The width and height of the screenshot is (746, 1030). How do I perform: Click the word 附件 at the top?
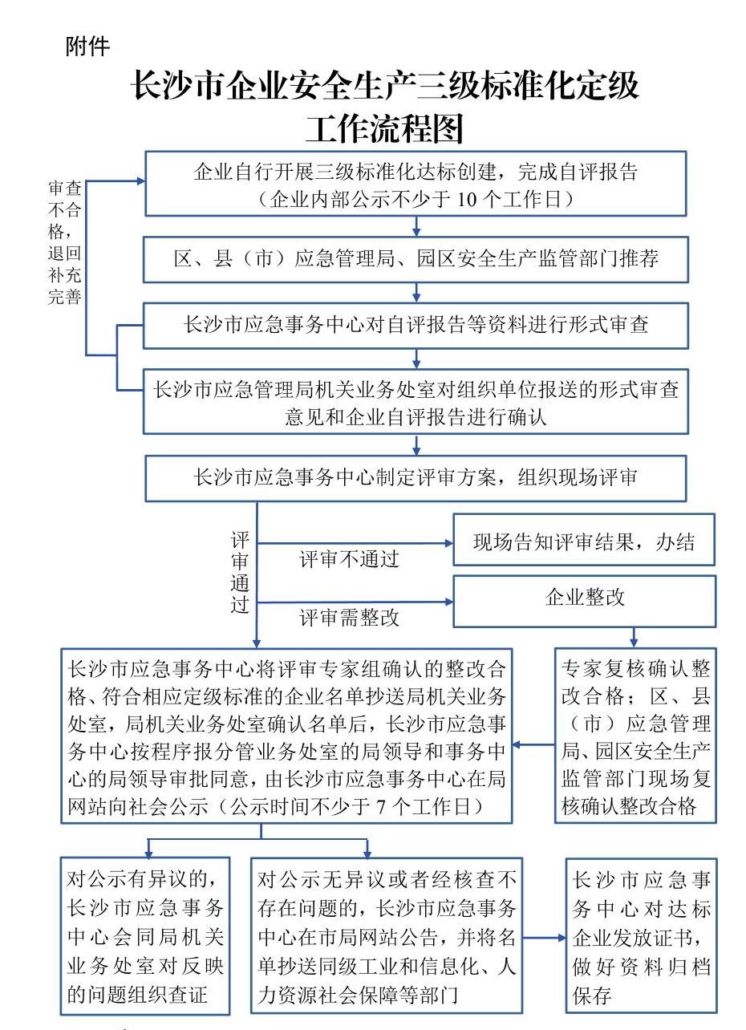(x=87, y=47)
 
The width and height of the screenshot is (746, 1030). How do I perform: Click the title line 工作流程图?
(x=384, y=128)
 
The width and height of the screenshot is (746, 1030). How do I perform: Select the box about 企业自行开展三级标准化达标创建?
(x=415, y=184)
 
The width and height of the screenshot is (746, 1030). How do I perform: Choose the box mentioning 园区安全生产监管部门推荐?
(x=415, y=259)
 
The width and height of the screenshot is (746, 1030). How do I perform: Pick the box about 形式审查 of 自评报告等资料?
(x=415, y=325)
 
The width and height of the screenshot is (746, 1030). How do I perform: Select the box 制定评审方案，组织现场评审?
(x=415, y=478)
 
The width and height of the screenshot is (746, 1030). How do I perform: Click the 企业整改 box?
(x=584, y=600)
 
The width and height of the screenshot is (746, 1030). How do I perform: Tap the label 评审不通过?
(x=349, y=559)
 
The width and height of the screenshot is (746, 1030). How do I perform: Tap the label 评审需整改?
(x=349, y=618)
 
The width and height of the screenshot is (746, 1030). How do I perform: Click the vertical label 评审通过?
(x=240, y=571)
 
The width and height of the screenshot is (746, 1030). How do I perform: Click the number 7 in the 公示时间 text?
(x=381, y=806)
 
